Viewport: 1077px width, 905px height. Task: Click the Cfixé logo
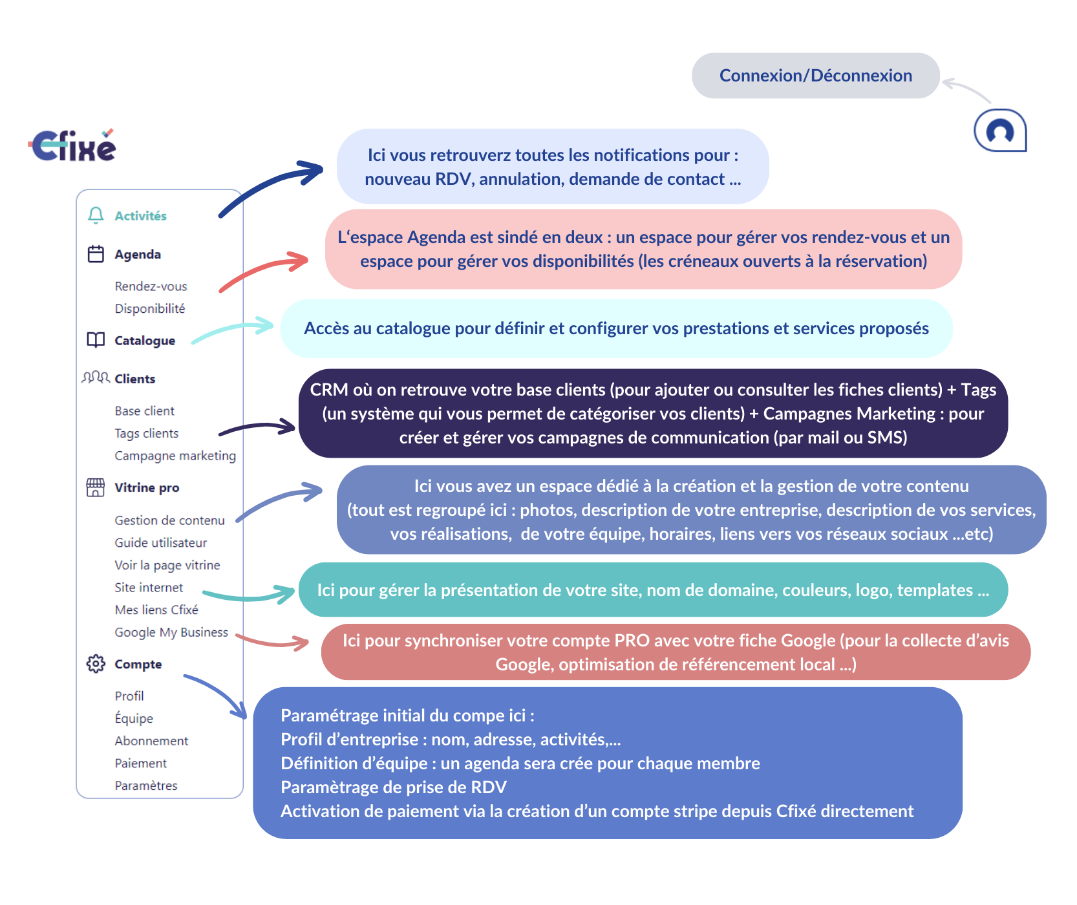(72, 144)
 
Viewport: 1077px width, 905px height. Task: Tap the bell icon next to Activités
(96, 215)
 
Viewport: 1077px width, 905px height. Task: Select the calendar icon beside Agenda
(96, 254)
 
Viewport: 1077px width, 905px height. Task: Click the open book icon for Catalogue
(96, 340)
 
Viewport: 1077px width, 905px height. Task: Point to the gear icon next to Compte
(96, 664)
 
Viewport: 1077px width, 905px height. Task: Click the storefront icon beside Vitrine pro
(96, 487)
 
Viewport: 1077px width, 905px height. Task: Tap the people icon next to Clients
(96, 378)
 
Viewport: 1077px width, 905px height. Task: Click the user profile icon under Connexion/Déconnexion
(1000, 131)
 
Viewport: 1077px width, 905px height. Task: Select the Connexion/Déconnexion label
(816, 76)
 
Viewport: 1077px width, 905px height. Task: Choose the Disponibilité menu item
(150, 308)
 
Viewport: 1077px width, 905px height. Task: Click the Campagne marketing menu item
(175, 456)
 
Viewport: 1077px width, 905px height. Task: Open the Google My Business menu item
(171, 632)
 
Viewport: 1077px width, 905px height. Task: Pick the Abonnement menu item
(151, 741)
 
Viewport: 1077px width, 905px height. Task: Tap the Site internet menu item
(149, 588)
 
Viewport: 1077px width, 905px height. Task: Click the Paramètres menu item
(146, 785)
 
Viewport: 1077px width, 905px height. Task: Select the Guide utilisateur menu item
(161, 543)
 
